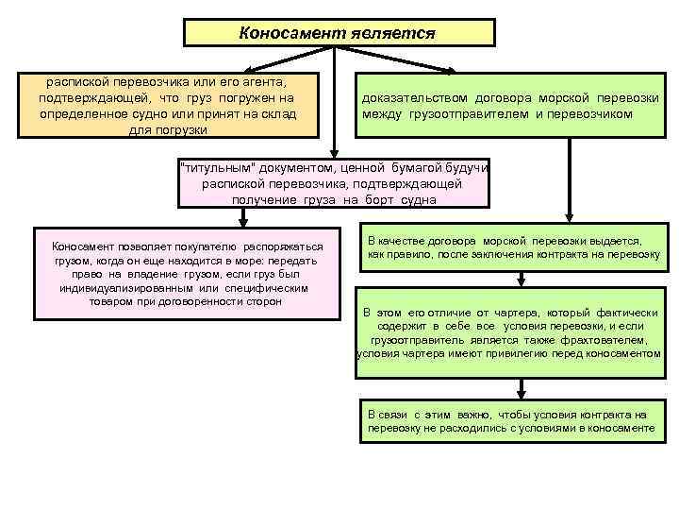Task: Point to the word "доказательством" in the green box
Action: point(413,98)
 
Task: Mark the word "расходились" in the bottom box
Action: point(468,428)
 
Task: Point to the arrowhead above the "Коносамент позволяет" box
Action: point(244,222)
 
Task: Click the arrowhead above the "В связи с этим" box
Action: point(521,396)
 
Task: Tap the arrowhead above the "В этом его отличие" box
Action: point(521,280)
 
